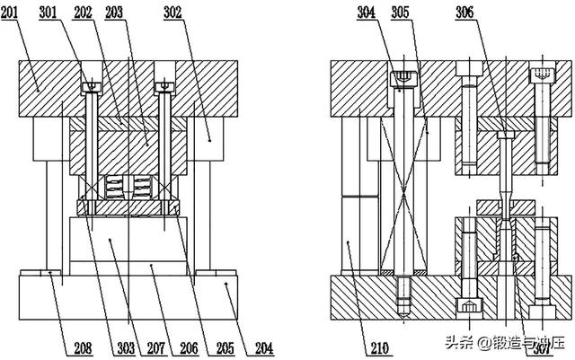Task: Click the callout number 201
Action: pyautogui.click(x=9, y=13)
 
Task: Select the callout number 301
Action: pyautogui.click(x=48, y=13)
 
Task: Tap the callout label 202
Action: pyautogui.click(x=83, y=13)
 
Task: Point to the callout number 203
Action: pyautogui.click(x=114, y=13)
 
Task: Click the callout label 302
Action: pyautogui.click(x=172, y=13)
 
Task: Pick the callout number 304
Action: pyautogui.click(x=367, y=13)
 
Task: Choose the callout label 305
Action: pyautogui.click(x=400, y=13)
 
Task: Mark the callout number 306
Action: pyautogui.click(x=464, y=13)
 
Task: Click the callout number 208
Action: pyautogui.click(x=84, y=348)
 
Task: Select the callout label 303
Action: pyautogui.click(x=126, y=348)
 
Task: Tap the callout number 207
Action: pyautogui.click(x=156, y=348)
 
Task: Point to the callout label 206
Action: pyautogui.click(x=190, y=348)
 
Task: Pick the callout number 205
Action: pyautogui.click(x=226, y=348)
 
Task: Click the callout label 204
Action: pyautogui.click(x=264, y=348)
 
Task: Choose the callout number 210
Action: pyautogui.click(x=379, y=348)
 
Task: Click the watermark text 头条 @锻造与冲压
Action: pyautogui.click(x=504, y=343)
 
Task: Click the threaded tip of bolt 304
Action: pyautogui.click(x=403, y=297)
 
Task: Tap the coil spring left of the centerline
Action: pyautogui.click(x=114, y=187)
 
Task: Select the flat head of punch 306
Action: pyautogui.click(x=506, y=136)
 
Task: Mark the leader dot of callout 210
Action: pyautogui.click(x=348, y=242)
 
